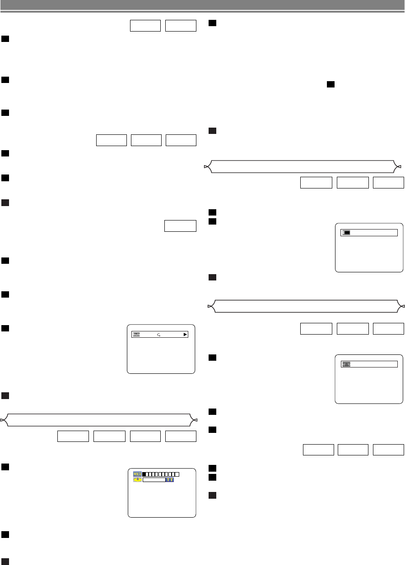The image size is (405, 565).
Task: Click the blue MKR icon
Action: point(137,474)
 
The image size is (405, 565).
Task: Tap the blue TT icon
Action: point(170,480)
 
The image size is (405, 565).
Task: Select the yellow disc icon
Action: point(137,480)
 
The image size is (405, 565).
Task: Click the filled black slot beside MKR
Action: point(144,474)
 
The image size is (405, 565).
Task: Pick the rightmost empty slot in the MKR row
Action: point(177,474)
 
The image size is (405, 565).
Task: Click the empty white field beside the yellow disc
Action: point(154,480)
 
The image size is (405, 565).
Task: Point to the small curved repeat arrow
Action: point(158,335)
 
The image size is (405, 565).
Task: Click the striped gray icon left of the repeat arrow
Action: point(136,335)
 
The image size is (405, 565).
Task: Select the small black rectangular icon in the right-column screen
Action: point(347,233)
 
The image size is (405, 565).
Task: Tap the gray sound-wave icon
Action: point(347,364)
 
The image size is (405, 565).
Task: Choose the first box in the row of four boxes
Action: point(73,436)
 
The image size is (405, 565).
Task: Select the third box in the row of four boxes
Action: point(145,436)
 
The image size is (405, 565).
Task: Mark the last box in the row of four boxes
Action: point(181,436)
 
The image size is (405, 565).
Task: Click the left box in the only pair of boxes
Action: point(145,26)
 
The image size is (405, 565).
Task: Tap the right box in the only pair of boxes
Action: point(181,26)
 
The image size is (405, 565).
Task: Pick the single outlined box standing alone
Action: point(181,225)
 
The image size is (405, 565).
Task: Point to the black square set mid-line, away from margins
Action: point(331,84)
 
